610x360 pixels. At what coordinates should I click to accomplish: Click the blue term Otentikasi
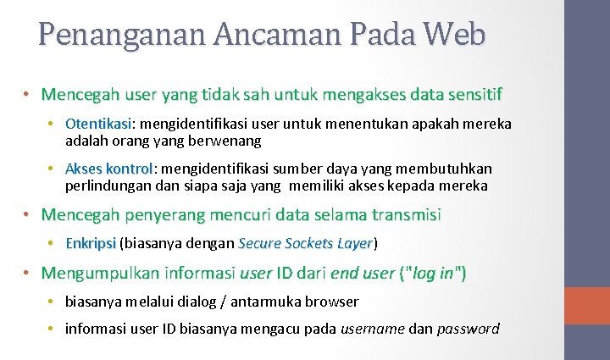pyautogui.click(x=95, y=124)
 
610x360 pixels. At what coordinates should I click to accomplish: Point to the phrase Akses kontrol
pyautogui.click(x=108, y=169)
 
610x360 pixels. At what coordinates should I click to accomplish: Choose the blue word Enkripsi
pyautogui.click(x=91, y=243)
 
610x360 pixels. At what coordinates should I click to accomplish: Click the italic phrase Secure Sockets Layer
pyautogui.click(x=306, y=243)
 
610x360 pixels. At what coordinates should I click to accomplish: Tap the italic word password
pyautogui.click(x=468, y=329)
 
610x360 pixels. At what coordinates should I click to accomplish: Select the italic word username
pyautogui.click(x=372, y=329)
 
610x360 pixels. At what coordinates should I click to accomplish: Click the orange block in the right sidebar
pyautogui.click(x=587, y=306)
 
